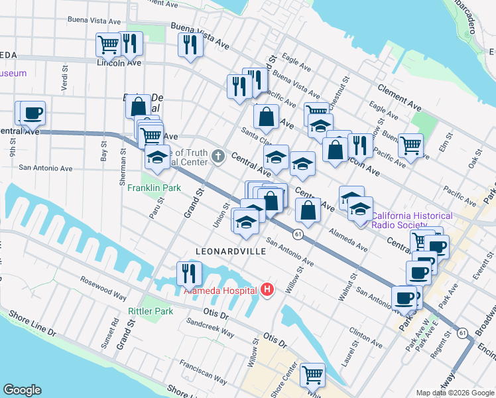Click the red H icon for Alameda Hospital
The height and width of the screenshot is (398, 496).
tap(267, 290)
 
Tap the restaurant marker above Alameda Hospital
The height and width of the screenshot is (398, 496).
tap(189, 273)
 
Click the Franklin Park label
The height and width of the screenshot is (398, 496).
tap(155, 188)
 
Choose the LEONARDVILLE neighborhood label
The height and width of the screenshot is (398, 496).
tap(231, 251)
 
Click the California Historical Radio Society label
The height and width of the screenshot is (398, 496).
tap(412, 220)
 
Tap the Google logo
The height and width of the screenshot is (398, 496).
tap(23, 390)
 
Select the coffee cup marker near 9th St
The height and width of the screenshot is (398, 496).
tap(32, 113)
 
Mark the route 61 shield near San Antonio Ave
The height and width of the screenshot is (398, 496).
tap(298, 234)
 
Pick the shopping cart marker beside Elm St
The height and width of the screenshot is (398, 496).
tap(411, 145)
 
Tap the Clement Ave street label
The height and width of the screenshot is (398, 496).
tap(400, 96)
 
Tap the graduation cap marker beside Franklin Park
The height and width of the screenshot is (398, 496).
tap(157, 157)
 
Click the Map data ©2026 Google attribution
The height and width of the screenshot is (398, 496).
tap(455, 393)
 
